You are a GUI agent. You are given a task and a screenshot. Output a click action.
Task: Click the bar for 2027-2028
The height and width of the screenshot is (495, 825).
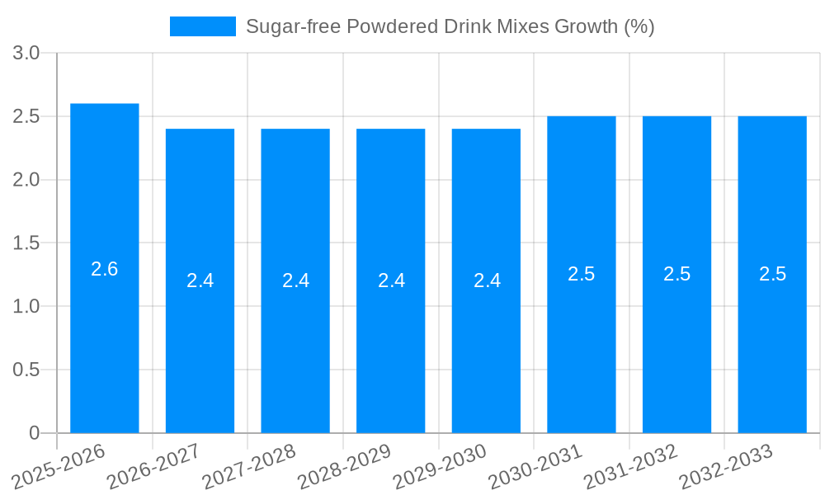(x=295, y=346)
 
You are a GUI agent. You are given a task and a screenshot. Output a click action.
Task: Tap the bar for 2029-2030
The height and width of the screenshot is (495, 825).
(x=486, y=346)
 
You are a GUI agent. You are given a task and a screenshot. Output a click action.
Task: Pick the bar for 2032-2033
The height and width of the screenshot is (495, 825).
(x=772, y=346)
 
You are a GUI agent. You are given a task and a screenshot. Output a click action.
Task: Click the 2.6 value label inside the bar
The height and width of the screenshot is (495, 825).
(x=105, y=269)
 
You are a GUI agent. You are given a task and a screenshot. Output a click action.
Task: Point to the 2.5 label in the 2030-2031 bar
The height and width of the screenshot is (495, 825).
(x=582, y=274)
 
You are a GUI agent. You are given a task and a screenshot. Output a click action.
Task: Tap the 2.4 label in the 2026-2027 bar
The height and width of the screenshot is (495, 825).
(x=200, y=280)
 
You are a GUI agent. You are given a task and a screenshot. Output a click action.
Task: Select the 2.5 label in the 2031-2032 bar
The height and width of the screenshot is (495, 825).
(x=677, y=274)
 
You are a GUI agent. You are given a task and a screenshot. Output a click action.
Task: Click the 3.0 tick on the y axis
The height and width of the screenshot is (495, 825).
(x=26, y=54)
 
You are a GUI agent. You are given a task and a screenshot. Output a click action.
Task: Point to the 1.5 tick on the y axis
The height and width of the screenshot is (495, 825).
(x=26, y=243)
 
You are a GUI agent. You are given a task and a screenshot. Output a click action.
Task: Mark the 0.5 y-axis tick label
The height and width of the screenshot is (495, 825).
(x=26, y=370)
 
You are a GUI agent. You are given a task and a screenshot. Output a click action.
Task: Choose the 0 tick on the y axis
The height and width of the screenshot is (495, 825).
(x=34, y=433)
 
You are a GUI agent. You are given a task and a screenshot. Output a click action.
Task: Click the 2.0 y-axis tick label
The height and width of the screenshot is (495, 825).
(x=26, y=180)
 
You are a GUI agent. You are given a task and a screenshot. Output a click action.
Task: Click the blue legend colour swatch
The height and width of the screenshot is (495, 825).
(x=202, y=26)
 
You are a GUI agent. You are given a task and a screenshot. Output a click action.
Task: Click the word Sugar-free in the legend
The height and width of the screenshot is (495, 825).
(x=293, y=26)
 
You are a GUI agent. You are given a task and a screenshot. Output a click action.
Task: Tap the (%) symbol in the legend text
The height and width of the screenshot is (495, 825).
(x=639, y=26)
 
